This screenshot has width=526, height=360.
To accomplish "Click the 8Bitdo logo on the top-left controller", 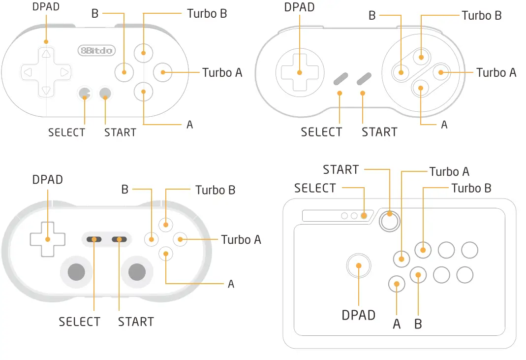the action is point(96,50).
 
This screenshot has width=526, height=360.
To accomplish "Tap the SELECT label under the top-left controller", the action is point(66,132).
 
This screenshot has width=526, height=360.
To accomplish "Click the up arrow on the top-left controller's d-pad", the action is point(46,54).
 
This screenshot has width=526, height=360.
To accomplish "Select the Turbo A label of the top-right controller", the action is point(496,73).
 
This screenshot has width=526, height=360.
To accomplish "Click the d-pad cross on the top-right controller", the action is point(299,72).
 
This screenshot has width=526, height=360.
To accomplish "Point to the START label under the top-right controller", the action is point(379,132).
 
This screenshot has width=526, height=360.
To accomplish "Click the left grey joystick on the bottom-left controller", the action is point(76,271).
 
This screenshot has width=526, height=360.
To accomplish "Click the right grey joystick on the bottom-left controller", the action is point(137,271).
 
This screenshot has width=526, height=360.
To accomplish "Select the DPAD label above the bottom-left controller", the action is point(48,180).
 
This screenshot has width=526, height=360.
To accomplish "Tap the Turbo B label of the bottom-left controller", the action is point(215,190).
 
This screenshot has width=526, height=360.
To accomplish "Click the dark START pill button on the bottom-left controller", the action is point(119,239).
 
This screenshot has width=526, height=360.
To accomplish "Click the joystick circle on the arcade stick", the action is point(359,265).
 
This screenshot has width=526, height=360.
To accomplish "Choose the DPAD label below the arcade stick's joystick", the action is point(358,315).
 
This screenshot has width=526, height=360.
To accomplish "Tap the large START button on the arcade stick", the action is point(390,222).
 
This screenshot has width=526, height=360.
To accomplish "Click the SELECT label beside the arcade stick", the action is point(315,188).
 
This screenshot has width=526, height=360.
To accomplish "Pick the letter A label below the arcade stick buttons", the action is point(397,324).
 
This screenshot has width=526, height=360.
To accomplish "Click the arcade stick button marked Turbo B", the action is point(423,250).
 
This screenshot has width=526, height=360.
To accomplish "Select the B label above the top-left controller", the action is point(95,14).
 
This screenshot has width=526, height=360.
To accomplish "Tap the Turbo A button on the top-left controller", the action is point(162,72).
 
